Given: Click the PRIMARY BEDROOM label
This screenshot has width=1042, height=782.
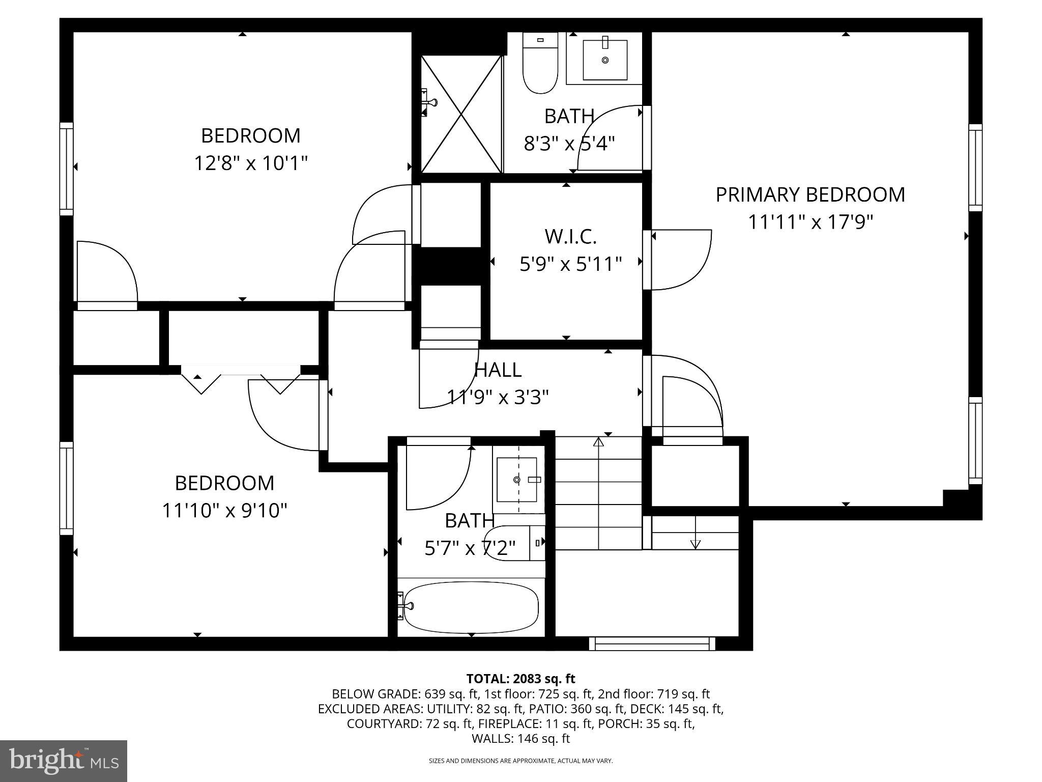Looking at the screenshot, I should (x=810, y=195).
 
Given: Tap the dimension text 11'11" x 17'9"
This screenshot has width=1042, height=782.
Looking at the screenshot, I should (x=810, y=222).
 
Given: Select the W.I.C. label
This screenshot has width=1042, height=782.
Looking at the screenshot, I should (x=570, y=237).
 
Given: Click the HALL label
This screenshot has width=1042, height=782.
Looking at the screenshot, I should (x=498, y=370).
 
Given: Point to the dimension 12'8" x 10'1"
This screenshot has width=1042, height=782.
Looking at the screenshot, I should (x=251, y=164).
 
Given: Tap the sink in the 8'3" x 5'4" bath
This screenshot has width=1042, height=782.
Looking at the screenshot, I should (x=604, y=60).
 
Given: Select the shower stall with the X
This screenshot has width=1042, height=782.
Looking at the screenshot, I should (x=461, y=114).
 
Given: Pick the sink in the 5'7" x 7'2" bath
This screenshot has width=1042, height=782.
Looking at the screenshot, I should (x=517, y=480).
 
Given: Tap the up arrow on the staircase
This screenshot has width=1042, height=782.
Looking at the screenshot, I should (x=598, y=442).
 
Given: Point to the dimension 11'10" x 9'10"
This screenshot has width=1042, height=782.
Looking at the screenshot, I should (x=224, y=510).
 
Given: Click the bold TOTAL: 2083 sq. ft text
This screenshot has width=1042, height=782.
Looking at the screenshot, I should (x=520, y=679).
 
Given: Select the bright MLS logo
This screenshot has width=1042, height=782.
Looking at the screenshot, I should (x=64, y=761).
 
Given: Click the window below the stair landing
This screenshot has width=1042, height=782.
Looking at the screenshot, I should (x=652, y=644).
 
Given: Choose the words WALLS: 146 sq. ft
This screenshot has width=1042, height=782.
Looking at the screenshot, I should (x=520, y=739).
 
